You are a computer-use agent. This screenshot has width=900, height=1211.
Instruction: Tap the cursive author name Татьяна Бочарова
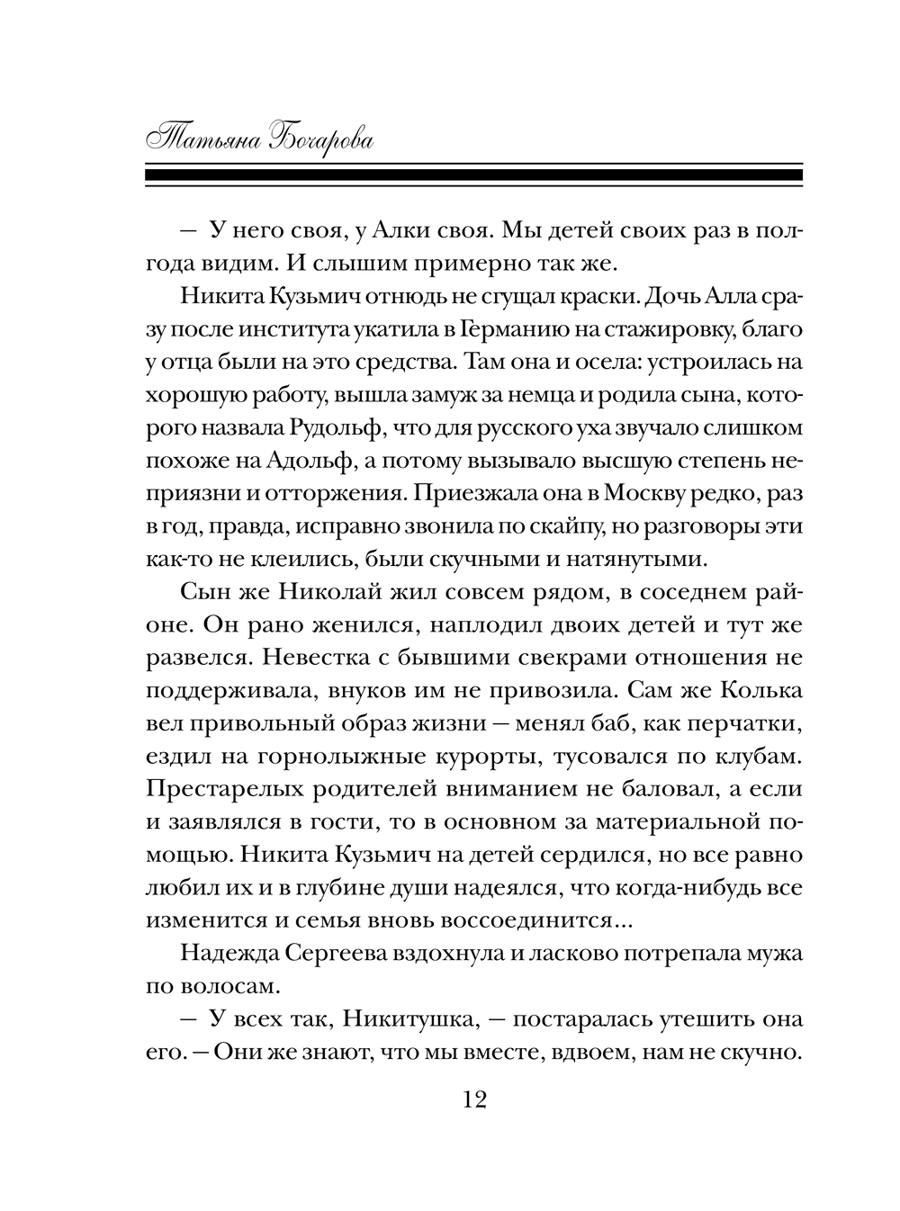(x=260, y=139)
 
